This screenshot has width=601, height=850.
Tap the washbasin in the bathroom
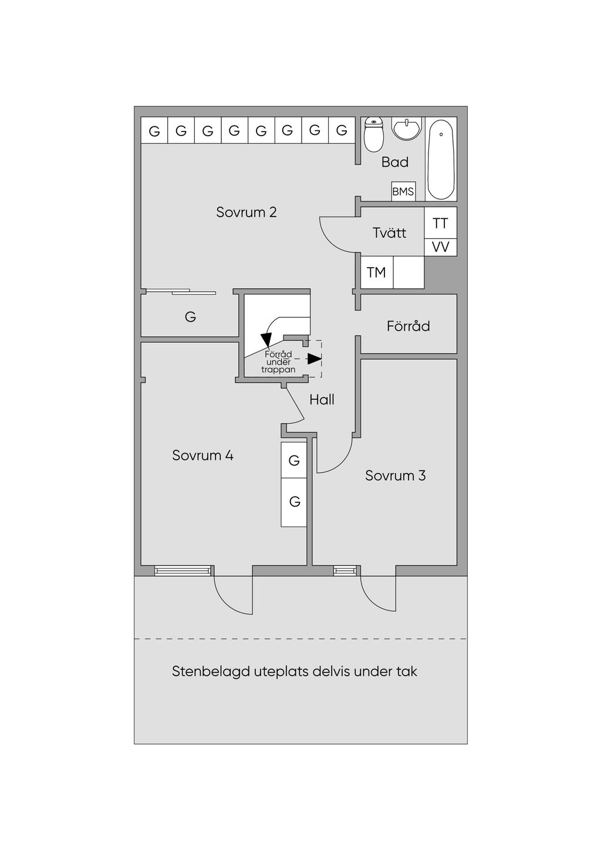[x=406, y=129]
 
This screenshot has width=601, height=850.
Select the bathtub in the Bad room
[x=441, y=160]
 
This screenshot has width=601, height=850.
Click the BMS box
[x=403, y=191]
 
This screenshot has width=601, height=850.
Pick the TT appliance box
[x=440, y=223]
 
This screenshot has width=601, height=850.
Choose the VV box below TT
[x=440, y=247]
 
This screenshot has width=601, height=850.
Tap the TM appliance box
[x=377, y=272]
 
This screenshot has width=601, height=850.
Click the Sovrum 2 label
[x=246, y=212]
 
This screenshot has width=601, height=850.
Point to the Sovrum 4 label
[x=202, y=456]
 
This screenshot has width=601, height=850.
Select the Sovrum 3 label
[x=395, y=475]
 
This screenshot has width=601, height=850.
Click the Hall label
[x=322, y=400]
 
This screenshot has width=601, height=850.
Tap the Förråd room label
[x=408, y=326]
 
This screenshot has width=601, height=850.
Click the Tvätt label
[x=389, y=233]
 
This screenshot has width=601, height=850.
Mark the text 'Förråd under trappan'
[x=278, y=362]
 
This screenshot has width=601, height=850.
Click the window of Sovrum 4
[x=183, y=570]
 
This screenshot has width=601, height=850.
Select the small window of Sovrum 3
[x=345, y=570]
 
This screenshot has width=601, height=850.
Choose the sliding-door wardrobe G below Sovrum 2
[x=190, y=317]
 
